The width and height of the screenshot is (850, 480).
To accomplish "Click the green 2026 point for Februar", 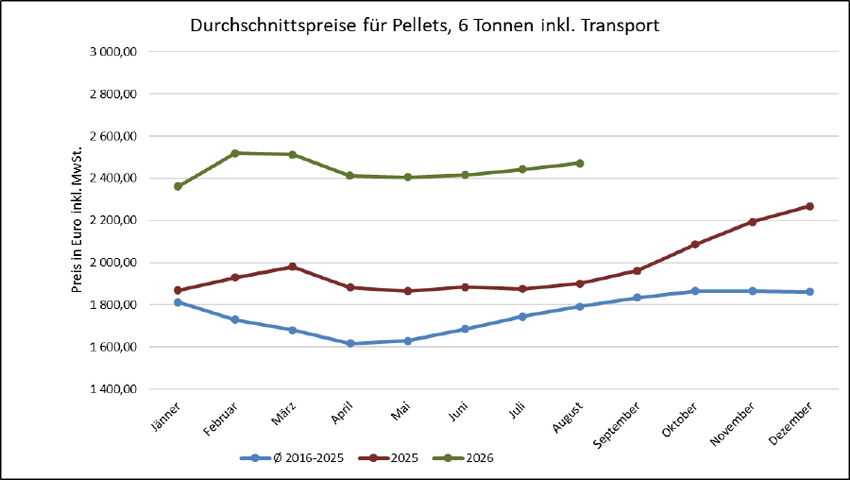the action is tap(235, 153).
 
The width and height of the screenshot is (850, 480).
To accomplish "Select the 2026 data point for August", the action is tap(580, 163).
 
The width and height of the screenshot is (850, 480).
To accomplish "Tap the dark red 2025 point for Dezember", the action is tap(810, 206).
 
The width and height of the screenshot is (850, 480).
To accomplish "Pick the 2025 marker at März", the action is tap(293, 266).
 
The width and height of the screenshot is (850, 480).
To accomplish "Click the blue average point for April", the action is tap(350, 343).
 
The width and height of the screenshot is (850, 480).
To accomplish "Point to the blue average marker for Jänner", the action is tap(178, 302).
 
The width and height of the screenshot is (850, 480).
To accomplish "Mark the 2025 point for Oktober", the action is tap(695, 245).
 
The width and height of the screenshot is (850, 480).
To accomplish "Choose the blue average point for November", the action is tap(753, 291).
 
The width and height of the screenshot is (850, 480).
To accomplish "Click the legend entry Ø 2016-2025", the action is tap(292, 458).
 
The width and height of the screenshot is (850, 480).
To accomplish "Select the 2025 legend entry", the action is tap(389, 458).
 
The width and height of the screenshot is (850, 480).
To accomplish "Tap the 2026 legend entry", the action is tap(464, 458).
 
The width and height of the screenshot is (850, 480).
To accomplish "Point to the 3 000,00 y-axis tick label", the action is tap(112, 52).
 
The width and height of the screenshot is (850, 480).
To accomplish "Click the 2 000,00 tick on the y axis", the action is tap(112, 263).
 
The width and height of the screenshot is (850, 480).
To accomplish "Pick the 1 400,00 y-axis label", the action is tap(112, 389).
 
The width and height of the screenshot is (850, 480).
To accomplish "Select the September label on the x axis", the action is tap(617, 425).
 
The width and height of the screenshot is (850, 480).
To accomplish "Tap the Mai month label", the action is tap(401, 411).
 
